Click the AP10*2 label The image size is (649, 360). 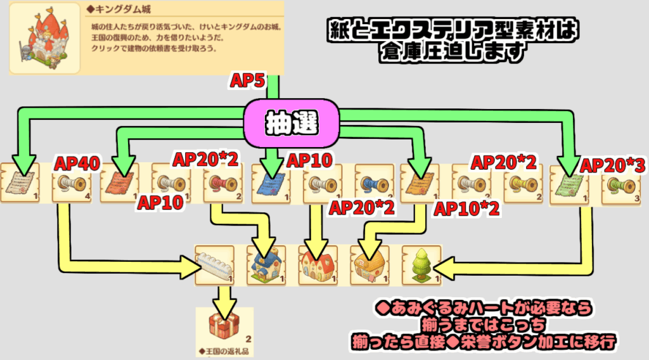(465, 209)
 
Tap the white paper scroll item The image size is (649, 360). (19, 183)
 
